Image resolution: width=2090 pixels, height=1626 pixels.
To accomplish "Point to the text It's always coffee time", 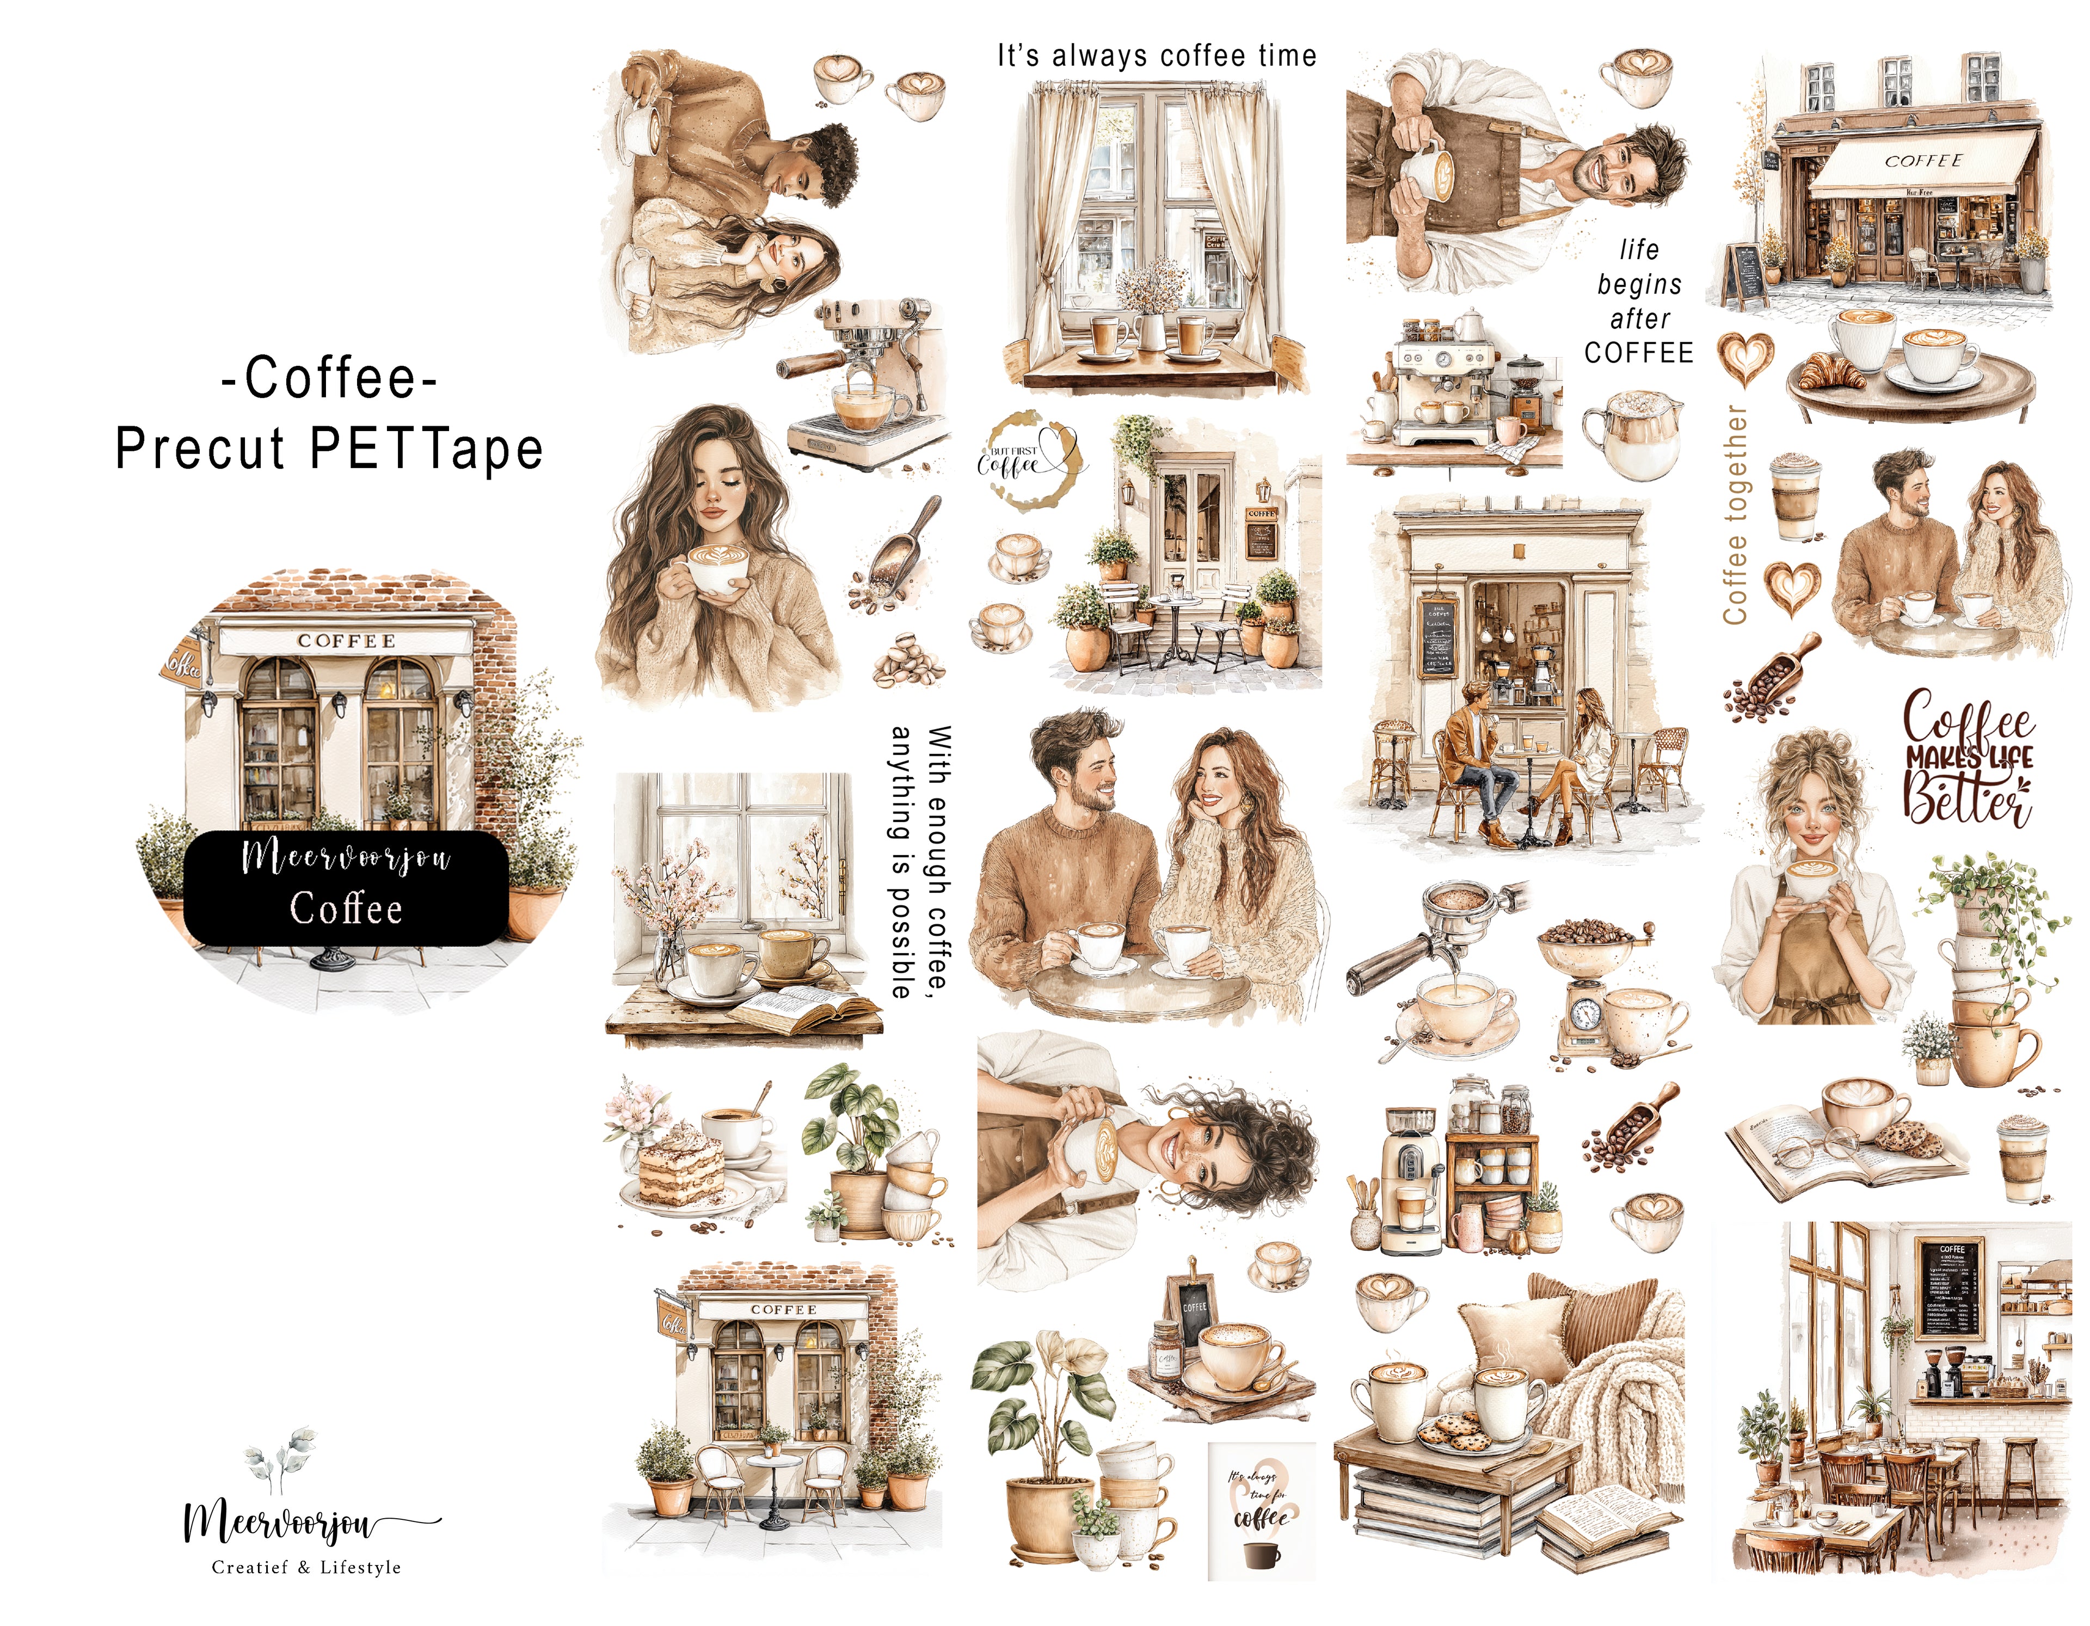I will click(1156, 56).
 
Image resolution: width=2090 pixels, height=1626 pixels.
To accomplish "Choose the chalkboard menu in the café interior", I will click(1950, 1288).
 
